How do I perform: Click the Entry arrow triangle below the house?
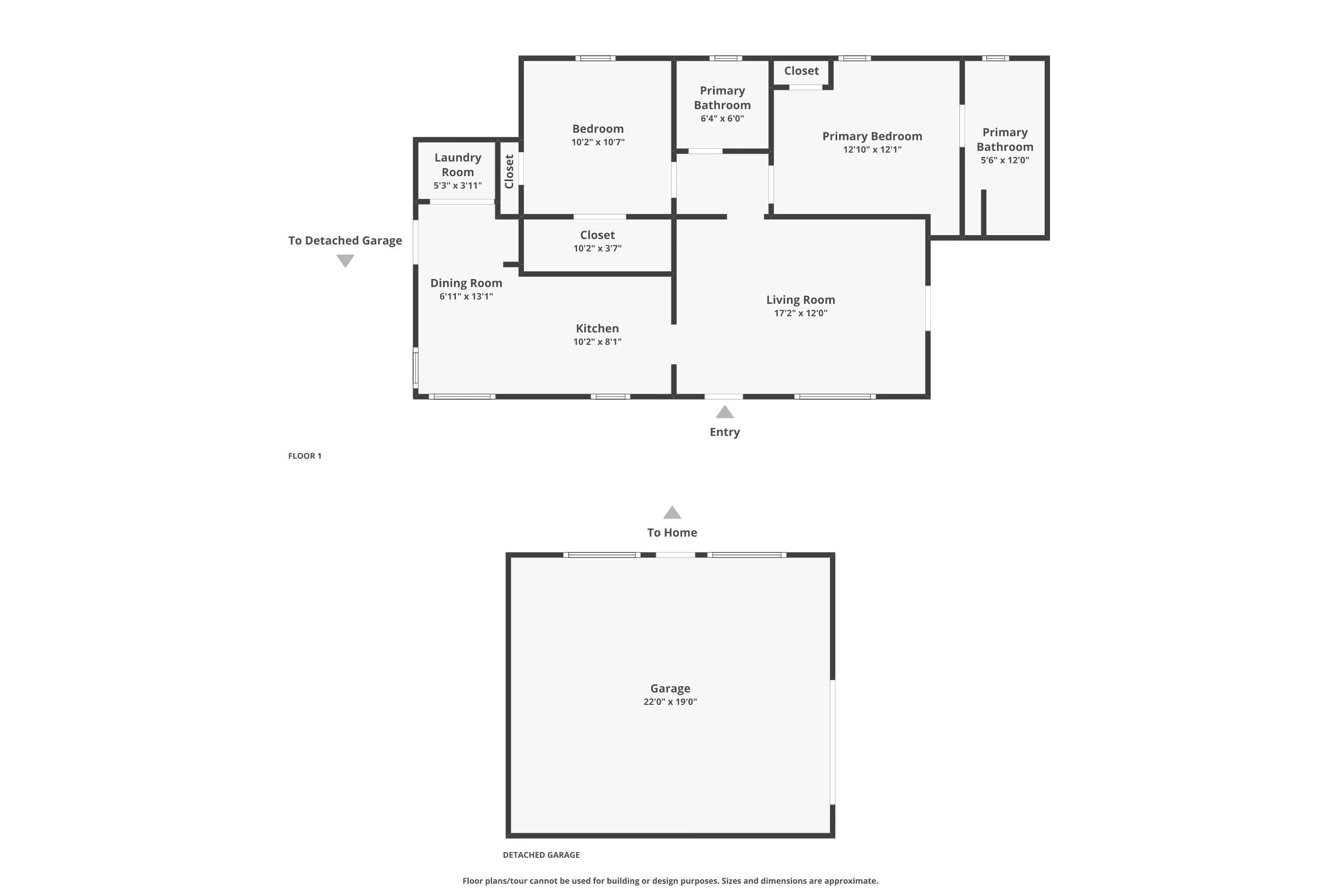[x=724, y=412]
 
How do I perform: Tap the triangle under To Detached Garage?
[x=345, y=260]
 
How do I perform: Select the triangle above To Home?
[x=672, y=513]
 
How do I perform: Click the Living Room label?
[x=800, y=300]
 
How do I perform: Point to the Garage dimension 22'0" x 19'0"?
[x=670, y=702]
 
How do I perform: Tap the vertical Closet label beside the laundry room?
[x=509, y=172]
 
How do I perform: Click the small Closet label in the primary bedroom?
[x=801, y=71]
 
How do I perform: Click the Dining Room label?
[x=466, y=283]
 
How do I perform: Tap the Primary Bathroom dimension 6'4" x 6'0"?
[x=722, y=118]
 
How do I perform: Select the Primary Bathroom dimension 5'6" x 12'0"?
[x=1004, y=160]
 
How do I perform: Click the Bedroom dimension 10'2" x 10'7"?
[x=598, y=142]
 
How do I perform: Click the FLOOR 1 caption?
[x=304, y=455]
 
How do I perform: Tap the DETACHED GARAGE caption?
[x=540, y=855]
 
